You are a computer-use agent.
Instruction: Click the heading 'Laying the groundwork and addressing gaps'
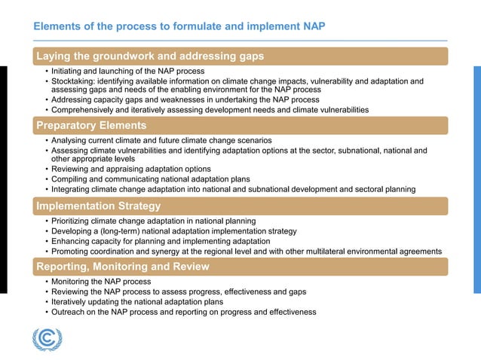(x=150, y=56)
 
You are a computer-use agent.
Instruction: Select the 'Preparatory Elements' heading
(x=91, y=125)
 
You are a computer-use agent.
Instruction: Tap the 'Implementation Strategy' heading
(x=98, y=206)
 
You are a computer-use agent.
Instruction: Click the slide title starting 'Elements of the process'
(x=179, y=26)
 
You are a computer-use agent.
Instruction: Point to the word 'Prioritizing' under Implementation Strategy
(x=75, y=221)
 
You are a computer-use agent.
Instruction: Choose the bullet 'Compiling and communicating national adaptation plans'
(x=150, y=179)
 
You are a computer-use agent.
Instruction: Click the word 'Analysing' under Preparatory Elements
(x=71, y=141)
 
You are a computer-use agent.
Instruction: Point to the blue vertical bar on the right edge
(x=476, y=179)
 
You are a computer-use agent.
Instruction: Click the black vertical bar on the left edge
(x=3, y=179)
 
